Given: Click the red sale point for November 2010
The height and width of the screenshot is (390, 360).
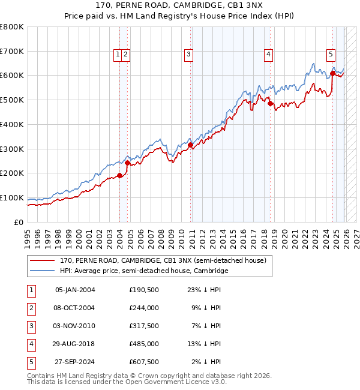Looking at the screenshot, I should pyautogui.click(x=190, y=145).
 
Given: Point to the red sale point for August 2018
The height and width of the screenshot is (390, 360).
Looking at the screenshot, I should pyautogui.click(x=270, y=103).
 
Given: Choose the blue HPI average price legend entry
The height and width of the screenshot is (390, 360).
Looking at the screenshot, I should pyautogui.click(x=144, y=271).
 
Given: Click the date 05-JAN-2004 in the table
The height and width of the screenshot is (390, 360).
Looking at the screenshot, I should pyautogui.click(x=75, y=290).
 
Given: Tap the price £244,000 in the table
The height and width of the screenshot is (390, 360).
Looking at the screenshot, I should pyautogui.click(x=144, y=308).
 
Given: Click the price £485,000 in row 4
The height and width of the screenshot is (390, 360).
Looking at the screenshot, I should pyautogui.click(x=144, y=344).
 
